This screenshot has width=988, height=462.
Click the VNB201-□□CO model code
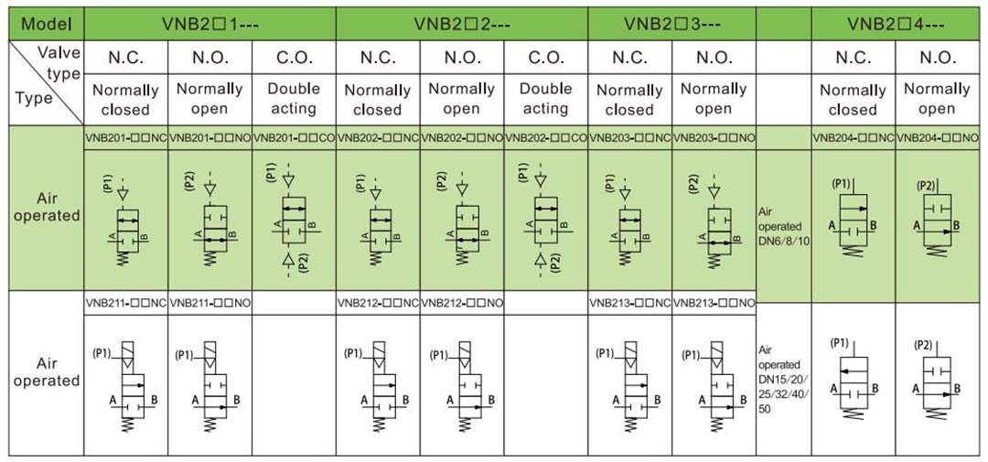pyautogui.click(x=294, y=138)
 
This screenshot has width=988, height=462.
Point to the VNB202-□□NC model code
pyautogui.click(x=378, y=138)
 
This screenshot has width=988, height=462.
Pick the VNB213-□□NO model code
pyautogui.click(x=714, y=302)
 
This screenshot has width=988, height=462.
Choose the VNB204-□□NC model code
pyautogui.click(x=853, y=138)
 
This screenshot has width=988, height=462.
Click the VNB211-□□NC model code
pyautogui.click(x=125, y=302)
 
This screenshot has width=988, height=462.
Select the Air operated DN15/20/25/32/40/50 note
pyautogui.click(x=783, y=380)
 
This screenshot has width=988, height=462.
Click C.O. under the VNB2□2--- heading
pyautogui.click(x=545, y=59)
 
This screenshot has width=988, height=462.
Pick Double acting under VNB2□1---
pyautogui.click(x=294, y=99)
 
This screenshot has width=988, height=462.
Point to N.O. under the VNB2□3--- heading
pyautogui.click(x=714, y=59)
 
